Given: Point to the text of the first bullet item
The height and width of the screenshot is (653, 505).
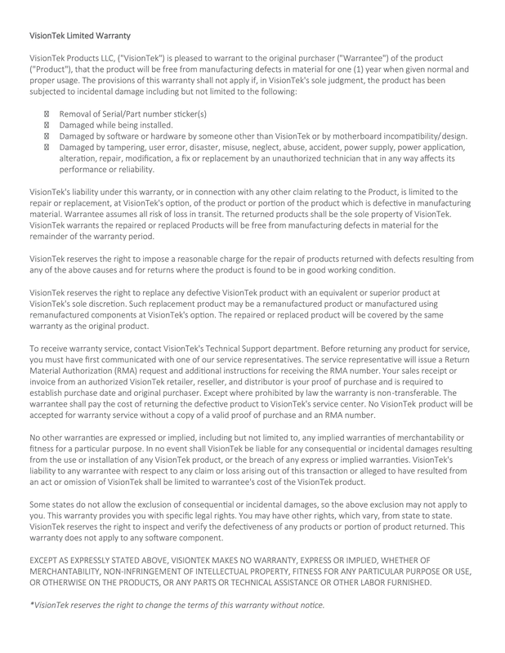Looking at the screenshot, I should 132,109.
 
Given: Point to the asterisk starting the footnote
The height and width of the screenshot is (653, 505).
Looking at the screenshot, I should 30,605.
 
